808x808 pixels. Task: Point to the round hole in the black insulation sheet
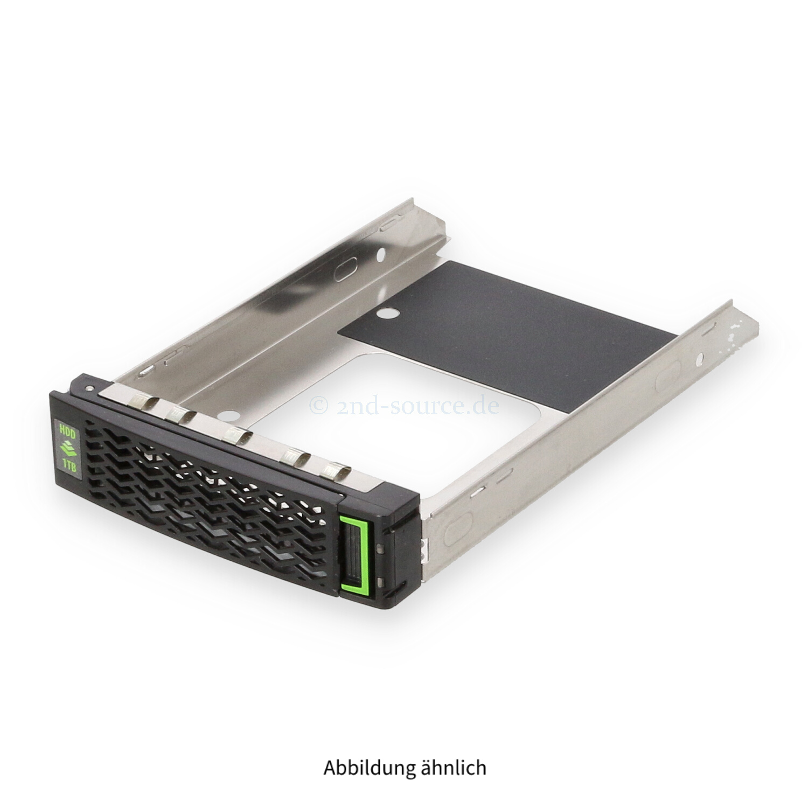pos(385,312)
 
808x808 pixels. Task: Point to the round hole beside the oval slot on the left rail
pos(381,252)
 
